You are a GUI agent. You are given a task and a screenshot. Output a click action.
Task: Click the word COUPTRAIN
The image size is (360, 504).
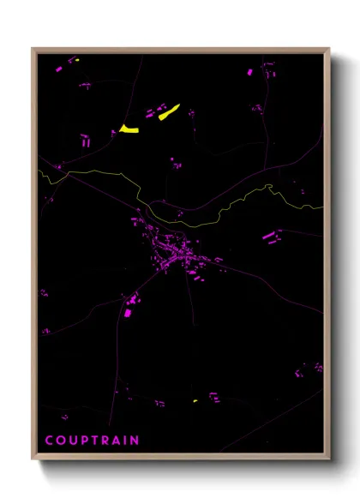click(92, 441)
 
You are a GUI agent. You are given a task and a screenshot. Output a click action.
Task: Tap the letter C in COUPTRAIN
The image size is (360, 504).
click(49, 441)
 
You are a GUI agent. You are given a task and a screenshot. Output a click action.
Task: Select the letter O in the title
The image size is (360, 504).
click(60, 441)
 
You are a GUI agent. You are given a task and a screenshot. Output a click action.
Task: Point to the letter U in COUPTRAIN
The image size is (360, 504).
click(71, 441)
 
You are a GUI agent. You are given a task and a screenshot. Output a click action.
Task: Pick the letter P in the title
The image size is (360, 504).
click(82, 441)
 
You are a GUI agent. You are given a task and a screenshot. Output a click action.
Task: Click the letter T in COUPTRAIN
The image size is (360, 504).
click(93, 441)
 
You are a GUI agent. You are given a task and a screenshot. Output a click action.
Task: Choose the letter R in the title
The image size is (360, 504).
click(103, 441)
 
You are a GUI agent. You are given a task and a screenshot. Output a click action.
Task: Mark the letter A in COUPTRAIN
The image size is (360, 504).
click(114, 441)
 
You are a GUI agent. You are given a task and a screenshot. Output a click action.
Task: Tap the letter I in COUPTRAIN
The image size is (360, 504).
click(123, 441)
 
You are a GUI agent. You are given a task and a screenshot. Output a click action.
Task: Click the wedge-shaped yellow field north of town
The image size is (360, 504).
click(129, 129)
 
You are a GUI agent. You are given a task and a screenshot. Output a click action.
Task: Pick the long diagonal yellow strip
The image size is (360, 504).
click(168, 111)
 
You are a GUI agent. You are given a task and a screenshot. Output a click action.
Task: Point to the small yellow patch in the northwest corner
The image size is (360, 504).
click(75, 61)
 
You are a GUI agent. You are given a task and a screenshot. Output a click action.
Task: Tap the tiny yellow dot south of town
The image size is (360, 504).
click(195, 400)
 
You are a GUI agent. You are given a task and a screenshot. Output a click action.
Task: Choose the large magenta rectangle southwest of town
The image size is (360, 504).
click(128, 313)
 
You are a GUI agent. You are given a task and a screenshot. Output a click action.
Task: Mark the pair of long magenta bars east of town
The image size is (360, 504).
click(271, 236)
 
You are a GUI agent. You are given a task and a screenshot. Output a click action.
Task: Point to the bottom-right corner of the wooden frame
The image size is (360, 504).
click(328, 459)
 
